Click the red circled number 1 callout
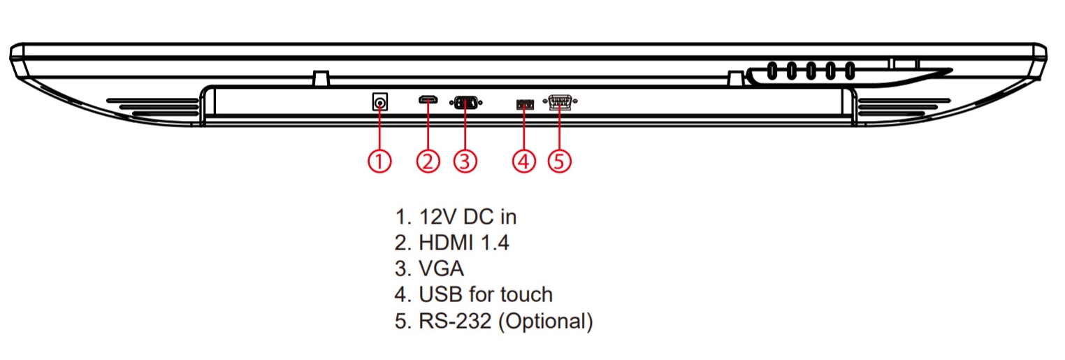click(379, 161)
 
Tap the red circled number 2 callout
click(428, 161)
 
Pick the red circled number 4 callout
click(523, 161)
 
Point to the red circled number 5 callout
click(559, 161)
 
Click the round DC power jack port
click(380, 103)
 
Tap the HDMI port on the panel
click(428, 102)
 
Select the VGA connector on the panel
click(466, 103)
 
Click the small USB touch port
click(524, 104)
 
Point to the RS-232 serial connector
click(560, 103)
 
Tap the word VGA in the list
click(442, 268)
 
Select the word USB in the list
click(440, 294)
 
